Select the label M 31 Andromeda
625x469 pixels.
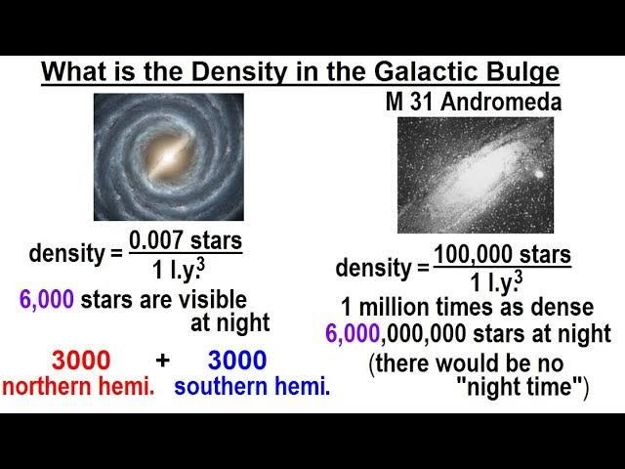point(474,102)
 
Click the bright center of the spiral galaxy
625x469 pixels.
point(169,157)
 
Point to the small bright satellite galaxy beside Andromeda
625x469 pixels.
point(538,174)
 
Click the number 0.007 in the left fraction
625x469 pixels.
point(156,241)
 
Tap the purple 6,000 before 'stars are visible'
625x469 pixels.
point(47,299)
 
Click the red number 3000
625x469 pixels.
point(81,361)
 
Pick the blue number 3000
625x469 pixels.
point(237,361)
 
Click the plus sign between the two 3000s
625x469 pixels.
point(163,361)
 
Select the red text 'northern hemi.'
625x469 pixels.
point(78,387)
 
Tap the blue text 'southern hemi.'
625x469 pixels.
point(252,387)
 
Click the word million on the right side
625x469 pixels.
point(394,307)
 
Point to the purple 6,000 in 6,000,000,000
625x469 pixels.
point(353,333)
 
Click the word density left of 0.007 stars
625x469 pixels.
point(66,254)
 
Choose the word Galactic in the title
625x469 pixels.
point(424,72)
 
